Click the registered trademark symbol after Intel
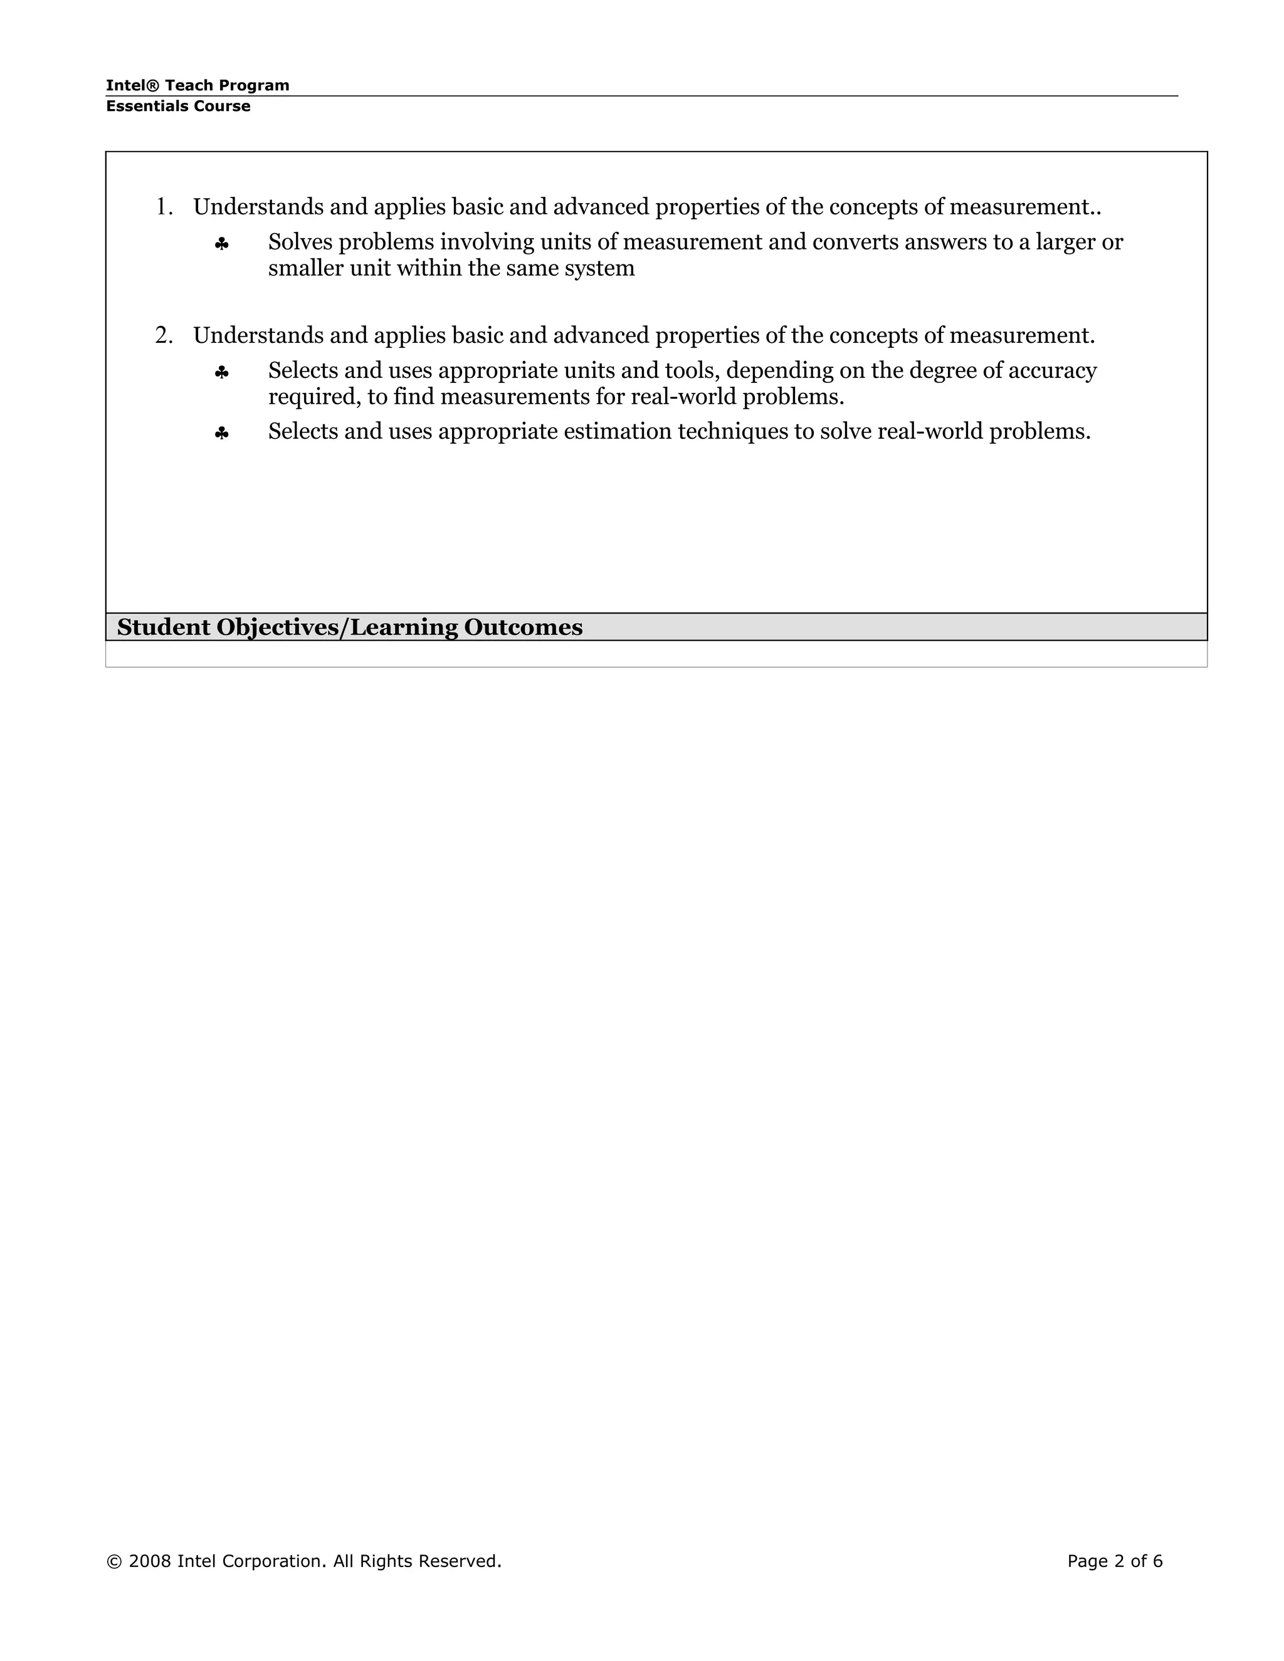(x=153, y=85)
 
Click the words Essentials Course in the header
(x=178, y=107)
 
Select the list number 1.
(x=163, y=207)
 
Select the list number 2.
(x=163, y=335)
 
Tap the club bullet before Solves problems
(x=221, y=244)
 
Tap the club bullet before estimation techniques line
(x=221, y=434)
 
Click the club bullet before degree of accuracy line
(x=221, y=373)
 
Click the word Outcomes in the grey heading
(x=523, y=627)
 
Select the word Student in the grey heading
(x=164, y=627)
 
